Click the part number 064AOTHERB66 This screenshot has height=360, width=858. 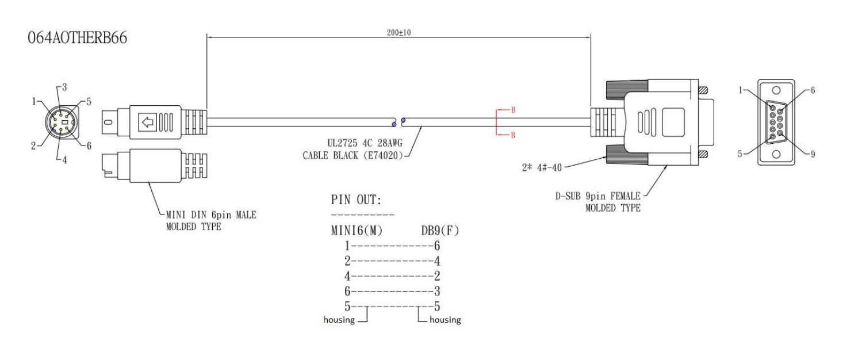pyautogui.click(x=78, y=39)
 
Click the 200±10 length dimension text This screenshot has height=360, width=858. pyautogui.click(x=399, y=33)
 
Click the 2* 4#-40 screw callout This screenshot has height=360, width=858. pyautogui.click(x=539, y=167)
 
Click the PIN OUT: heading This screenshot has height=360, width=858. pyautogui.click(x=357, y=200)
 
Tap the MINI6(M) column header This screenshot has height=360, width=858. pyautogui.click(x=357, y=231)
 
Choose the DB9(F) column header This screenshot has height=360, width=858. pyautogui.click(x=440, y=231)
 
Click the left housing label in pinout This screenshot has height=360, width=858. pyautogui.click(x=339, y=320)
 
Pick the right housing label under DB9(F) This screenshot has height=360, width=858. pyautogui.click(x=445, y=320)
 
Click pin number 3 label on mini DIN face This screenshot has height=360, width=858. pyautogui.click(x=64, y=87)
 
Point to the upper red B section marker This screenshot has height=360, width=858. pyautogui.click(x=513, y=110)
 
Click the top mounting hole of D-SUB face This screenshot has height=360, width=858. pyautogui.click(x=776, y=90)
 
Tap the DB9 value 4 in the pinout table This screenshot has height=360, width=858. pyautogui.click(x=437, y=261)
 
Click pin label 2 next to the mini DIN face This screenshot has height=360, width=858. pyautogui.click(x=34, y=146)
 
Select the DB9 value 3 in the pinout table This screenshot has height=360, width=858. pyautogui.click(x=437, y=292)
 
